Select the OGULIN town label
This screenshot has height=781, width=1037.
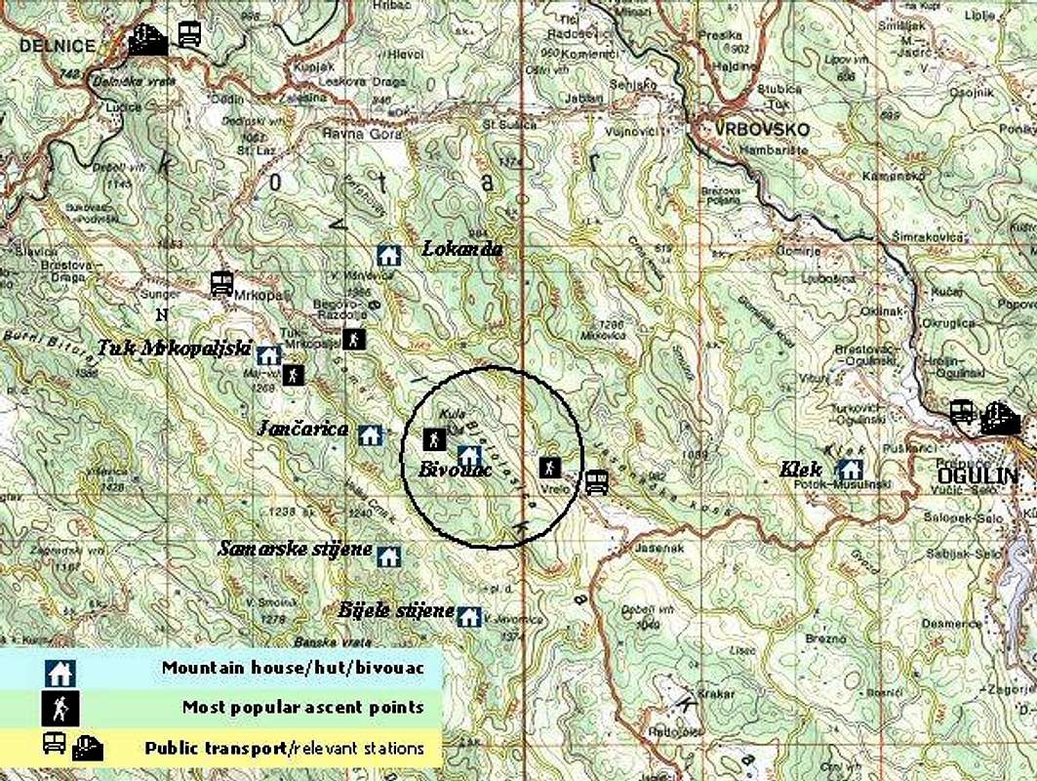977,476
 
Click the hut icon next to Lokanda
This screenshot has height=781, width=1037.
389,256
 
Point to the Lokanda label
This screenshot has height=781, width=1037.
462,249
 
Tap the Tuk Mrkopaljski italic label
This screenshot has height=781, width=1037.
175,349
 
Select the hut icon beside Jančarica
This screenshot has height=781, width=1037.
370,435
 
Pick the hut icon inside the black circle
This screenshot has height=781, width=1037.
469,455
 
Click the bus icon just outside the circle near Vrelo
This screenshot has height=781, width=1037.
596,482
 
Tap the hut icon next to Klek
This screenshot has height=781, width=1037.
850,470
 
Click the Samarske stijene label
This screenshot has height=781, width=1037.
295,550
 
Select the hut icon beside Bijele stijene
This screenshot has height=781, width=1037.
469,617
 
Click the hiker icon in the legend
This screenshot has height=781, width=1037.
60,707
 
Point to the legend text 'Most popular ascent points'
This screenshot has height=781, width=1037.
302,707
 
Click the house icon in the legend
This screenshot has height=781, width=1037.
60,672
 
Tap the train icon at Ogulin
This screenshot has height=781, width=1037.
1000,420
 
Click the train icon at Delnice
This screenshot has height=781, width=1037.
147,40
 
